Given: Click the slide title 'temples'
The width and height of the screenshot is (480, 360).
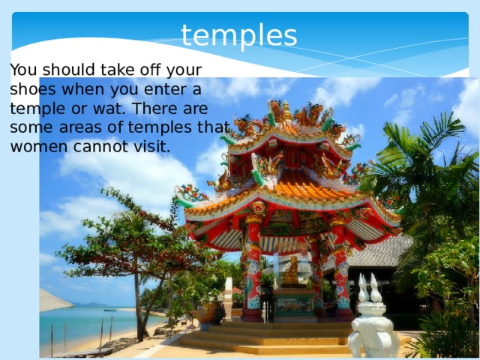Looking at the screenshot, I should tap(239, 34).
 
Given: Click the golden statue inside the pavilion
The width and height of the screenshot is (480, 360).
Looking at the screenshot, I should tap(291, 271).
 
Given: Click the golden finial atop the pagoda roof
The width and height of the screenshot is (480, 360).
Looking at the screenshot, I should tap(286, 111).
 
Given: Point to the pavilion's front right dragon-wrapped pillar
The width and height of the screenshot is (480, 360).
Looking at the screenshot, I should tap(343, 274).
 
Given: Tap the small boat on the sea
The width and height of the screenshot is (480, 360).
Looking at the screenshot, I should tap(109, 309).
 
